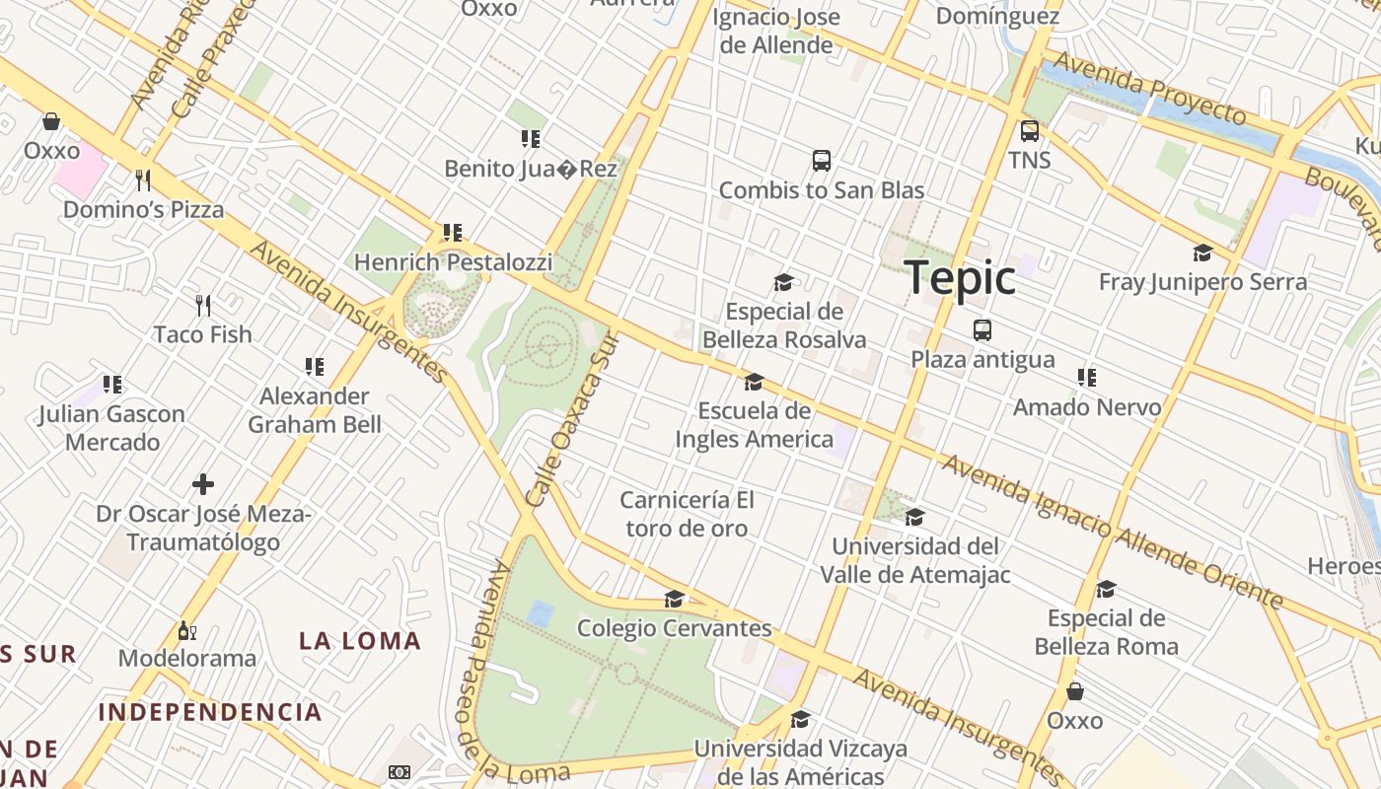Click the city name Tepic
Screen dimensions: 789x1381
(x=960, y=277)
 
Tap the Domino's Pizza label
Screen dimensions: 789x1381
(x=143, y=210)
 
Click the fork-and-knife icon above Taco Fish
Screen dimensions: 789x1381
(x=203, y=305)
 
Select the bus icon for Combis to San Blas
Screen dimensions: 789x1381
(x=821, y=160)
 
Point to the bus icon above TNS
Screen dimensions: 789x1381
(x=1029, y=130)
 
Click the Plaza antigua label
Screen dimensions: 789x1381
(x=981, y=359)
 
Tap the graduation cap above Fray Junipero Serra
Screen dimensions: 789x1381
(x=1201, y=253)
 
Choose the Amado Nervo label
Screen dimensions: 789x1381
(x=1087, y=406)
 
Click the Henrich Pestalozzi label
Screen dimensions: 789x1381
(x=453, y=262)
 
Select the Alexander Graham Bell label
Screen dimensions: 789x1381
(x=314, y=410)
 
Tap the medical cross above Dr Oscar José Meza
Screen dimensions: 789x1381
(x=203, y=484)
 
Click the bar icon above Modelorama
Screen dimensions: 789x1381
(x=186, y=630)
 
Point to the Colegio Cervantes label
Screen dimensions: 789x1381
(x=674, y=628)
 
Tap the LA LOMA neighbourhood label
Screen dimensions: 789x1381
(x=360, y=641)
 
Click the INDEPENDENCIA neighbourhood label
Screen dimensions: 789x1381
(x=210, y=712)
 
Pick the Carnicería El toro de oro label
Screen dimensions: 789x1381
(x=687, y=514)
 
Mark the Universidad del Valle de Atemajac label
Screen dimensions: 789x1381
(x=915, y=560)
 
